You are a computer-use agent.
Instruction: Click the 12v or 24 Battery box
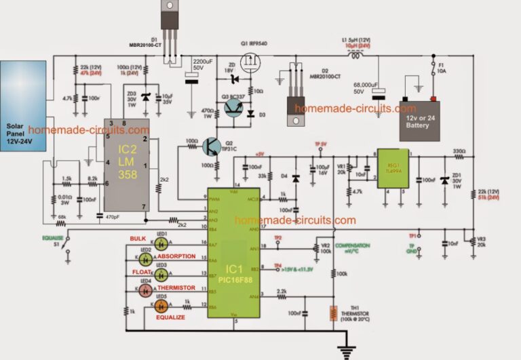coord(419,121)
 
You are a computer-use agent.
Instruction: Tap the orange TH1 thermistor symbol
coord(332,313)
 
